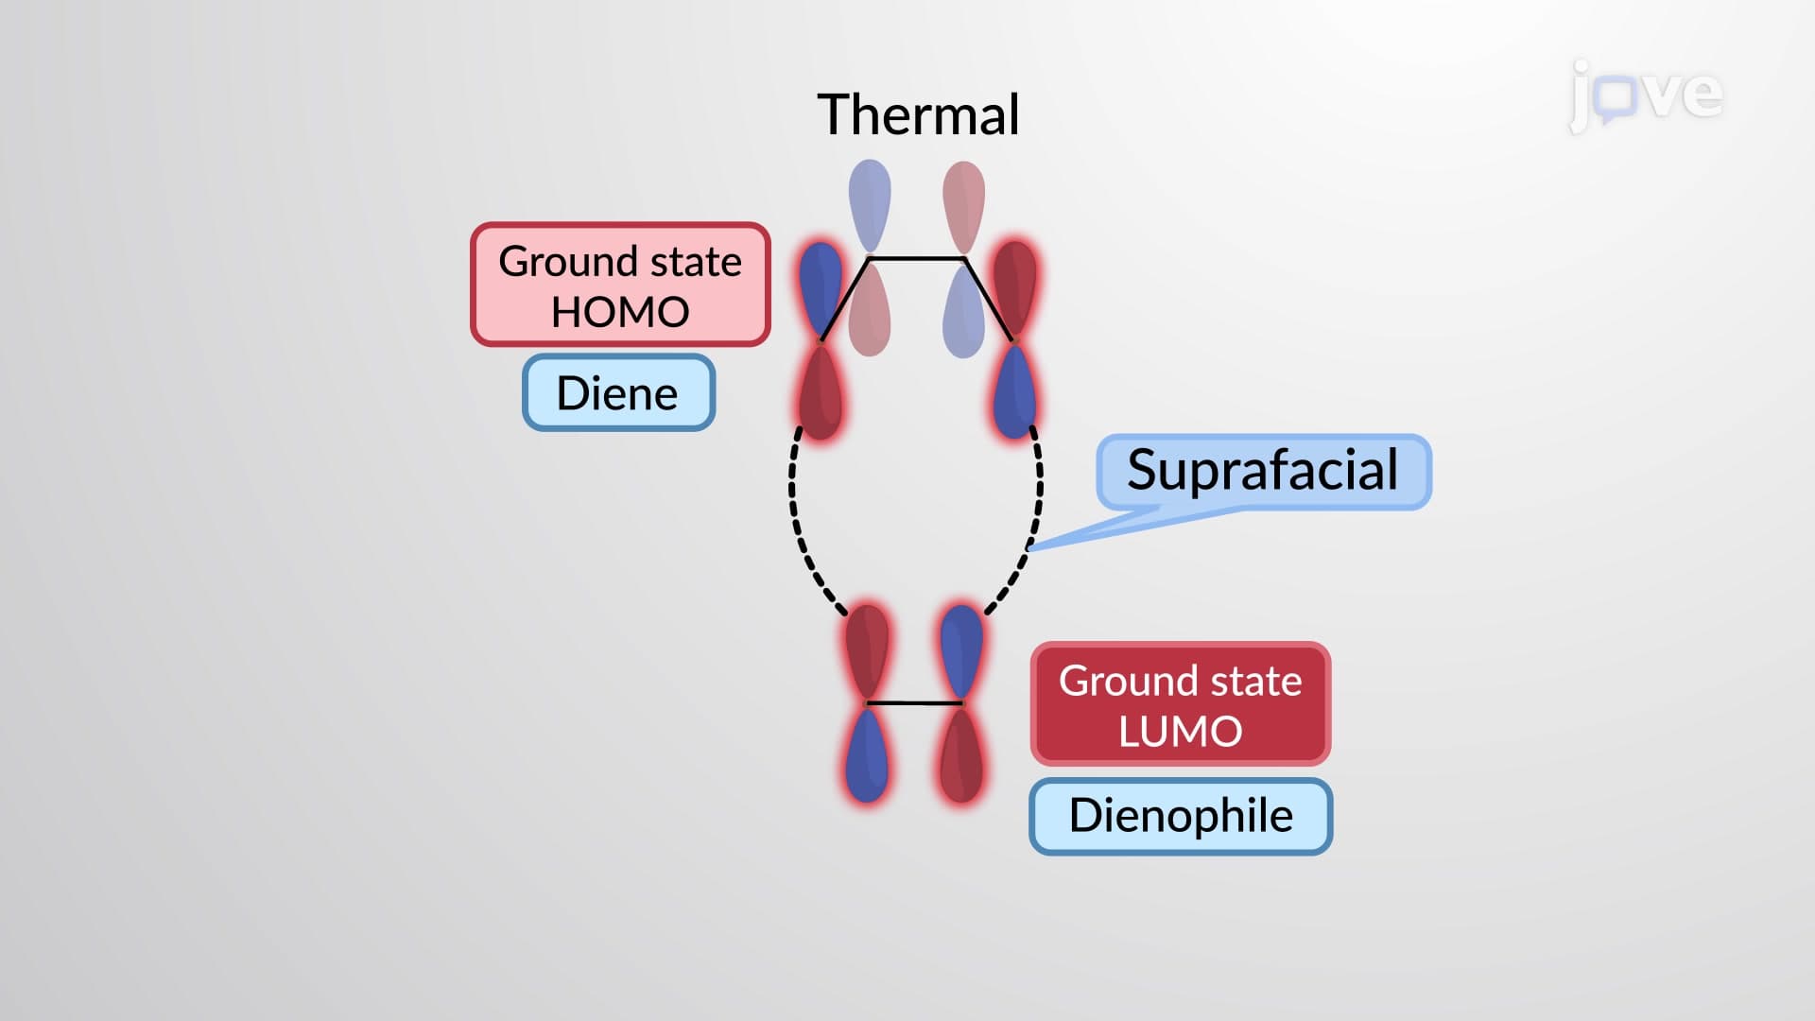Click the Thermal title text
918,114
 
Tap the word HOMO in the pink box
620,312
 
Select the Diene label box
619,392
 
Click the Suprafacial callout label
1263,470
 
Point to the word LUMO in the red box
1180,732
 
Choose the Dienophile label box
1181,816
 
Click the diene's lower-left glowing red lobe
820,391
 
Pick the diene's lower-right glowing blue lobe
1015,391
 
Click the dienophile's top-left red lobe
867,652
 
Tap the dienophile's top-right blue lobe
961,652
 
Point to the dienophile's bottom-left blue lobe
867,754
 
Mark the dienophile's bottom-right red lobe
961,754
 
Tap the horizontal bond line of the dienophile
914,703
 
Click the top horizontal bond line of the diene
916,257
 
